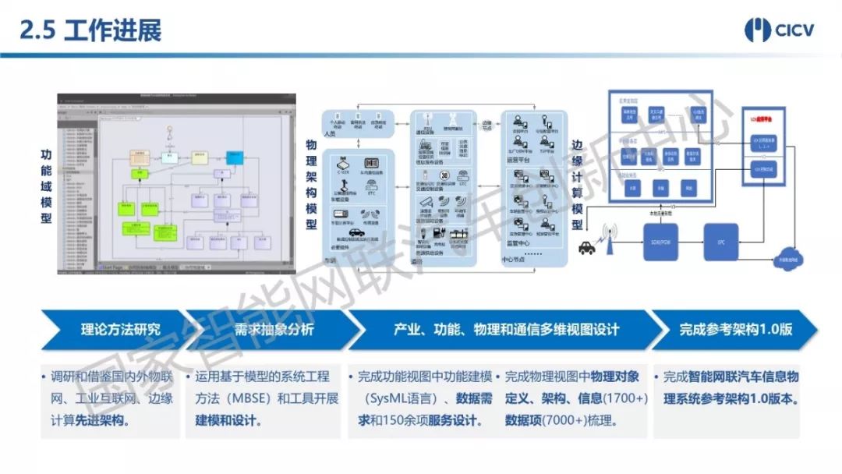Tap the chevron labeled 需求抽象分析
(264, 329)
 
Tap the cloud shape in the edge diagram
(789, 259)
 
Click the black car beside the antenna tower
(586, 248)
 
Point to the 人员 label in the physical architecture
(329, 134)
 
